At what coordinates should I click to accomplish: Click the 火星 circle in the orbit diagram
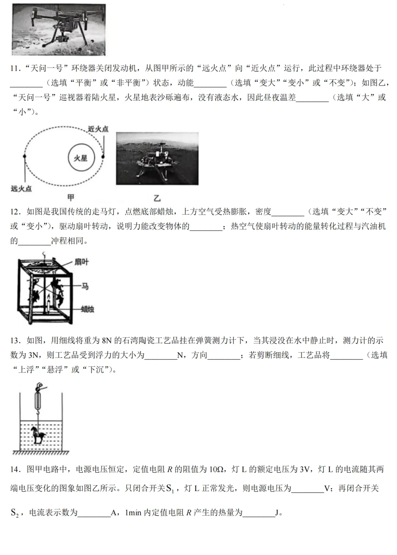coord(81,158)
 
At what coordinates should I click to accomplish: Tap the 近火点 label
coord(98,129)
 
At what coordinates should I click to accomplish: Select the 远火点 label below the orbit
coord(21,189)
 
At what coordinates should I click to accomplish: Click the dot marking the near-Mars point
coord(103,156)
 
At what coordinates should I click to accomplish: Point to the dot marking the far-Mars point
coord(24,156)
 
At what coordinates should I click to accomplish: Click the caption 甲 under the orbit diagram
coord(71,198)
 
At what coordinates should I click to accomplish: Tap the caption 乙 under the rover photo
coord(157,198)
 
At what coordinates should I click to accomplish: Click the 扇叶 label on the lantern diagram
coord(81,262)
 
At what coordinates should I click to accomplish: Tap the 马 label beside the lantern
coord(85,286)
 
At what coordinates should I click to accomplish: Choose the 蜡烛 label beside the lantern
coord(87,309)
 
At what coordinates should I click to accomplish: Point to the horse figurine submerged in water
coord(38,435)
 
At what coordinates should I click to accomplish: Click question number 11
coord(14,68)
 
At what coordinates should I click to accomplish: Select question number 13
coord(14,341)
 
